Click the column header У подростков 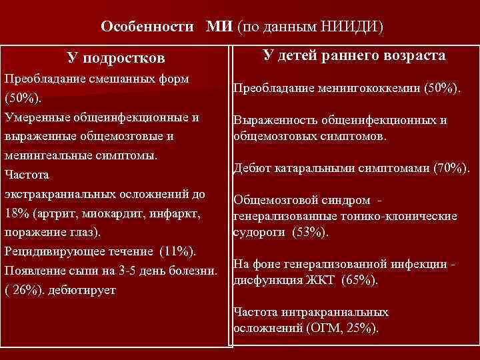tap(117, 59)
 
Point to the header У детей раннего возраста tap(355, 56)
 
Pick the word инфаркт tap(188, 215)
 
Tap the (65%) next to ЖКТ tap(359, 280)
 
